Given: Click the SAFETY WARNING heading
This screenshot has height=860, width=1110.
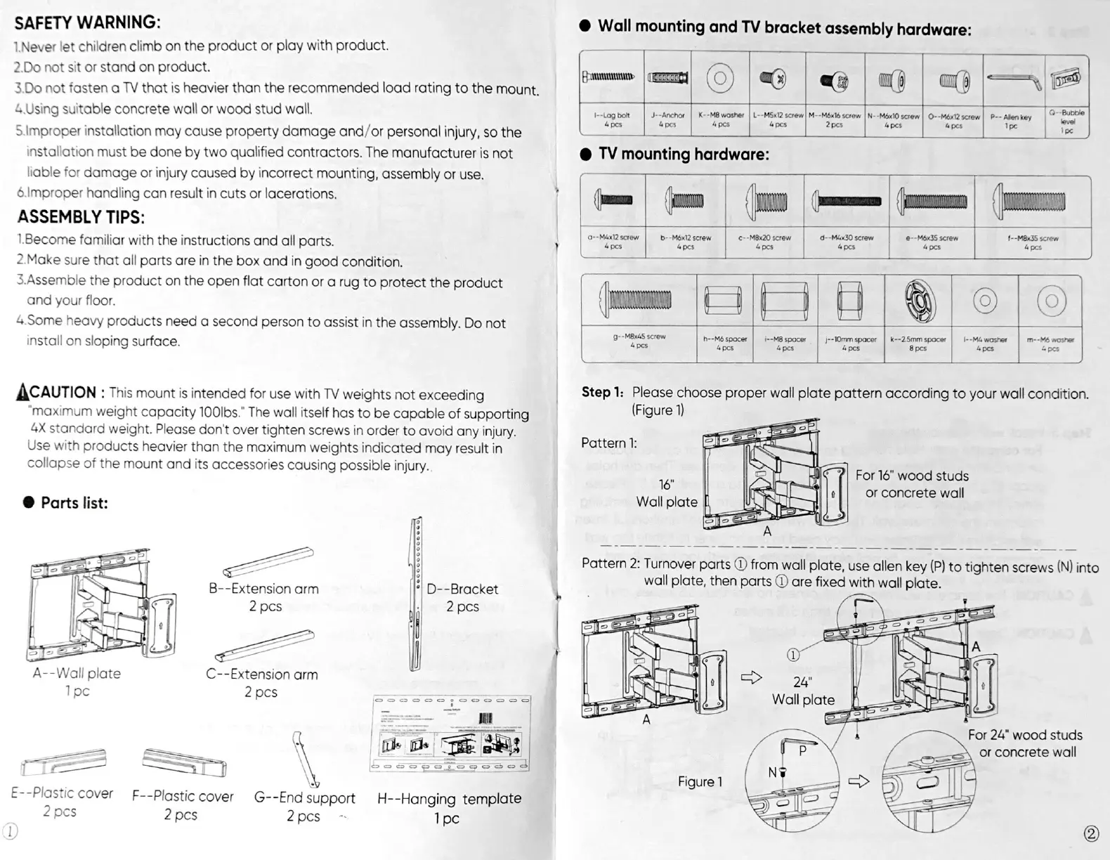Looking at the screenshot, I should [88, 22].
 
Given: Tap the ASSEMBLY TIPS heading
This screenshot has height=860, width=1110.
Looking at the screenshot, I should [81, 216].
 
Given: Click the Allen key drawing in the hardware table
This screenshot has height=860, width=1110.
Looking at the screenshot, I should [1012, 79].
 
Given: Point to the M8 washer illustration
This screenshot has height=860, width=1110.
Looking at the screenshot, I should [721, 77].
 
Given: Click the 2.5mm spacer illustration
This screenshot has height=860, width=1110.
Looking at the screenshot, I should [918, 300].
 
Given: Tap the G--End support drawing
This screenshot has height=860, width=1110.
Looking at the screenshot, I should [306, 759].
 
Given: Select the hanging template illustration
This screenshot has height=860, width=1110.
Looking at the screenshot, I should [450, 734].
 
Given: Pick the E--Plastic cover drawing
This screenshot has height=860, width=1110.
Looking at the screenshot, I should [63, 762].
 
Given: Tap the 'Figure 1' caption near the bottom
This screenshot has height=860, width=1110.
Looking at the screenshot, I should [700, 782].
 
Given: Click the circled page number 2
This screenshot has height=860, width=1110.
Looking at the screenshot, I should [1091, 833].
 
